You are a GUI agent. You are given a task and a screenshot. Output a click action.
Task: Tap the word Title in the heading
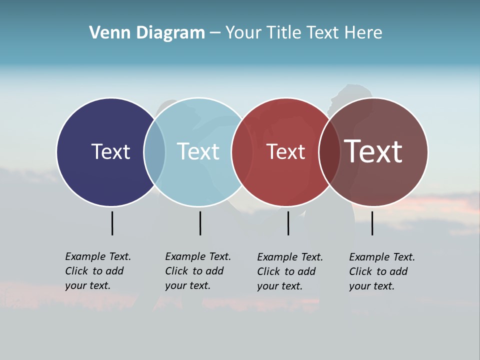(x=284, y=33)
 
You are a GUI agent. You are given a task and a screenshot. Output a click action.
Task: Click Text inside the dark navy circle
(x=110, y=151)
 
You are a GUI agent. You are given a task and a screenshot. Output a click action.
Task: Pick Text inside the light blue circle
(x=198, y=151)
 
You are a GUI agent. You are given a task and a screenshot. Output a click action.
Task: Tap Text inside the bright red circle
(x=285, y=152)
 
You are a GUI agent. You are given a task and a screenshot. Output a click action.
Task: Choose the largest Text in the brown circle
(x=373, y=151)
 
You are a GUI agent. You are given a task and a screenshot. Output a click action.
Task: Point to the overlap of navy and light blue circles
(x=154, y=152)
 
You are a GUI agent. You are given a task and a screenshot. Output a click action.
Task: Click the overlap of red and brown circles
(x=329, y=152)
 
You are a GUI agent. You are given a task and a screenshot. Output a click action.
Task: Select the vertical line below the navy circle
(x=112, y=223)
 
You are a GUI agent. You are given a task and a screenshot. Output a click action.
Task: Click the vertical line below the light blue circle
(x=200, y=223)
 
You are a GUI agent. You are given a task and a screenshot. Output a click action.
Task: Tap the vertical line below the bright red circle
(x=288, y=223)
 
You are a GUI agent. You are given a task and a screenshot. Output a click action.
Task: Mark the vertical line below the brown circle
(x=372, y=223)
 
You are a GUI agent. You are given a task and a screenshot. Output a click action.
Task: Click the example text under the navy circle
(x=98, y=271)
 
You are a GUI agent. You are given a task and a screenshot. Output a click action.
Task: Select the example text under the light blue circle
(x=198, y=271)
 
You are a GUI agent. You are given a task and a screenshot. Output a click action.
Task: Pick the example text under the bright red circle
(x=290, y=271)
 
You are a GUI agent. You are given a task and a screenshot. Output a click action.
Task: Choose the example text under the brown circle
(x=382, y=271)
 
